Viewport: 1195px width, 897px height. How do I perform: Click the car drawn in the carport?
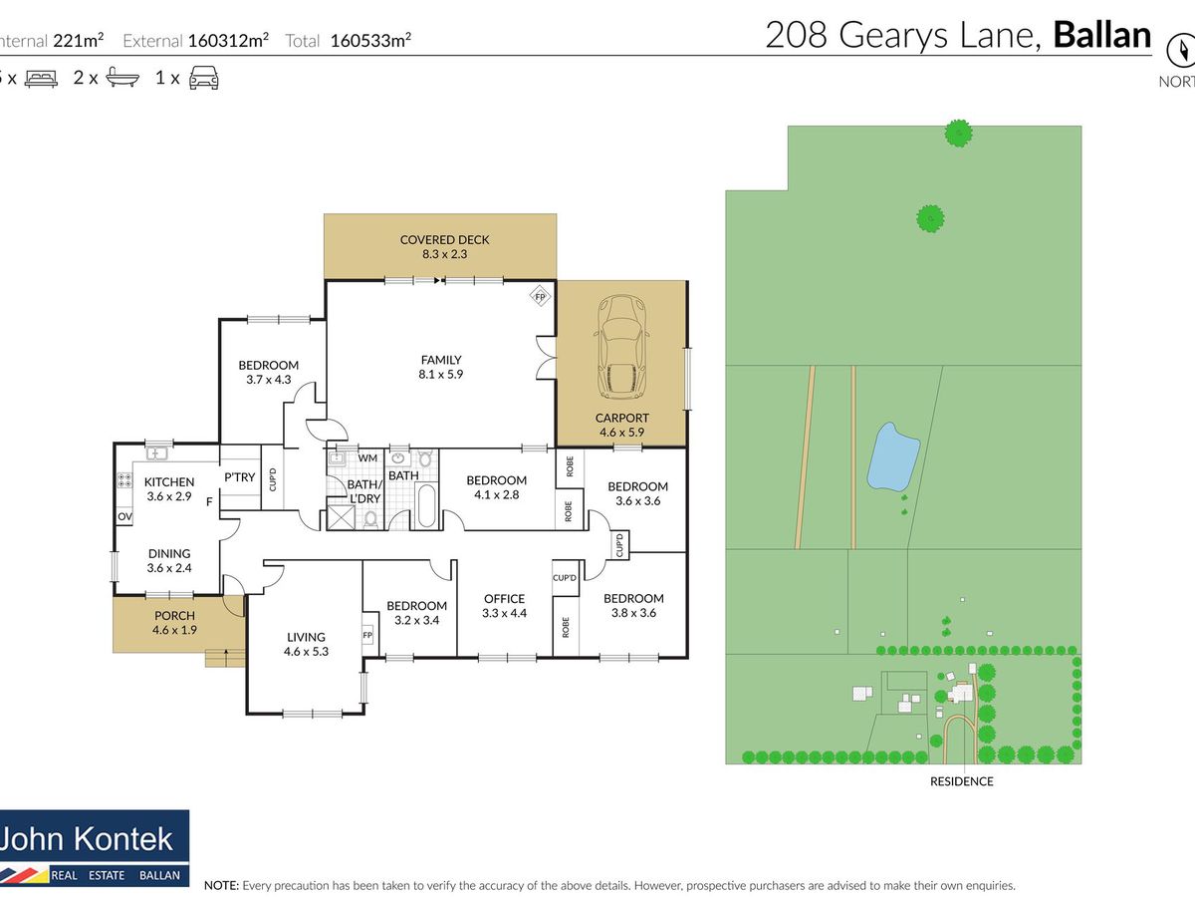point(622,348)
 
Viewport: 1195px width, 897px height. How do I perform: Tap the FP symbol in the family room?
point(540,297)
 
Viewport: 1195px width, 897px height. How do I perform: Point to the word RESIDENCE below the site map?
point(961,781)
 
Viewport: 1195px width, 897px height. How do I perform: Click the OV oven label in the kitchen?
point(124,516)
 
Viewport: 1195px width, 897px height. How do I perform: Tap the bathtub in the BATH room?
point(426,506)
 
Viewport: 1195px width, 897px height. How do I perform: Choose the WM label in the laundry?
point(367,458)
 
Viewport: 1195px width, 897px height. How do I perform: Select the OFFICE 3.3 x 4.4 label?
point(504,606)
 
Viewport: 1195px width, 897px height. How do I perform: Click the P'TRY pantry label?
point(240,477)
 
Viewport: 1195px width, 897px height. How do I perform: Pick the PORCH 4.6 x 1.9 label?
point(174,623)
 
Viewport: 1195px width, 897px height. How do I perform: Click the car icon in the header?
point(203,78)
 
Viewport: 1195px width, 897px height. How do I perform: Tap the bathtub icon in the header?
point(122,78)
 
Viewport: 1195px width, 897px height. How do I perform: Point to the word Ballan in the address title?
point(1102,35)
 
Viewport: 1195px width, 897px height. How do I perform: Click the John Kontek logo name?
point(86,838)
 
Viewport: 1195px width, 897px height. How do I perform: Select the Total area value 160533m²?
point(370,40)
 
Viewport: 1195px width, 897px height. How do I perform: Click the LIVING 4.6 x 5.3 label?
point(306,644)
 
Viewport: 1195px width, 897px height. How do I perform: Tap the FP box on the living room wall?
point(367,635)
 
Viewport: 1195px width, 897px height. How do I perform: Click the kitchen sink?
point(156,452)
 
